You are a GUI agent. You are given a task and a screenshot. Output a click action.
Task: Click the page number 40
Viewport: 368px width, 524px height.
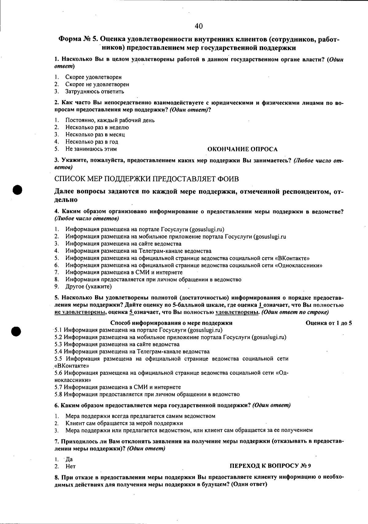point(198,26)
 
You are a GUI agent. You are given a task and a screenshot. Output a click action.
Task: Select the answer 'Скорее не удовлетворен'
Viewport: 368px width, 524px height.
point(97,84)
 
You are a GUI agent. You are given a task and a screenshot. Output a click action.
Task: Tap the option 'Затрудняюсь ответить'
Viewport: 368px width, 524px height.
point(94,91)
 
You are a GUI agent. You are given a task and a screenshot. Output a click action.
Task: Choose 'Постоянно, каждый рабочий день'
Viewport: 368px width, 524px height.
point(110,120)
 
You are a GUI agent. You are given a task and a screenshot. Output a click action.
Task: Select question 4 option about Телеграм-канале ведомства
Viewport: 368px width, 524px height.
point(138,251)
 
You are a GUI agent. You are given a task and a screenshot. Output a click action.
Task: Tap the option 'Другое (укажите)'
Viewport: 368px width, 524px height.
point(88,287)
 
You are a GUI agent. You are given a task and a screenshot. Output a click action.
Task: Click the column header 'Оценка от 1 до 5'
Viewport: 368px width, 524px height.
point(329,323)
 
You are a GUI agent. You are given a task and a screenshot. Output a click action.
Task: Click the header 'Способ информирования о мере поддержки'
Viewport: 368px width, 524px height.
point(171,323)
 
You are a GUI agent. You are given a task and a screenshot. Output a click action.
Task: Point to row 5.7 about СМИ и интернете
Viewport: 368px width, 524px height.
point(117,387)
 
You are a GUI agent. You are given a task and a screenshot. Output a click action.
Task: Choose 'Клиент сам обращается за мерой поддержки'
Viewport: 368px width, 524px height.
point(124,423)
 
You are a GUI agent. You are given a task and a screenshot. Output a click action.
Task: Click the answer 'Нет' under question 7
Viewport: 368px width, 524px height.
point(71,467)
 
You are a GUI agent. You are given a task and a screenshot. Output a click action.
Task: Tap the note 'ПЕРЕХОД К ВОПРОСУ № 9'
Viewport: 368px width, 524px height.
point(270,466)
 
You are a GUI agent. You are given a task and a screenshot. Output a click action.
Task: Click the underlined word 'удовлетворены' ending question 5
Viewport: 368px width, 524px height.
point(237,312)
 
